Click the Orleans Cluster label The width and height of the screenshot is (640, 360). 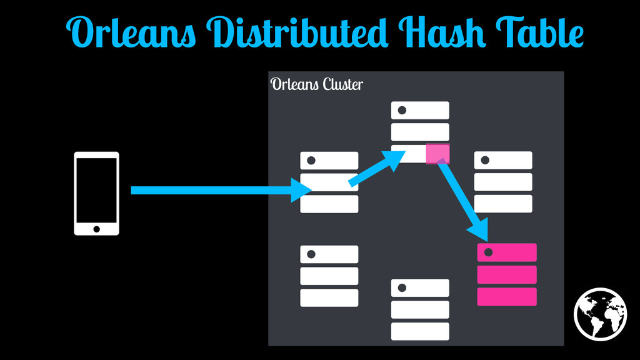316,84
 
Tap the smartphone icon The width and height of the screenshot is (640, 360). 96,193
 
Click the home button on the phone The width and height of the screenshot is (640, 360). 96,229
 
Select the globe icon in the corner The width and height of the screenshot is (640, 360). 600,314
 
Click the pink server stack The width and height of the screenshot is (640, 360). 507,274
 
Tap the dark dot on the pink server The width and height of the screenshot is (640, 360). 489,252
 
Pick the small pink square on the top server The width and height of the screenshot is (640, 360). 437,153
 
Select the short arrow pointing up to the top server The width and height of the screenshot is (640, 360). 375,170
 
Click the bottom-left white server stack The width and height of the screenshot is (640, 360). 329,276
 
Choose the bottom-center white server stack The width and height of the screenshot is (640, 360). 420,309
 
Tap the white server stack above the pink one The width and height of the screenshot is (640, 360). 503,182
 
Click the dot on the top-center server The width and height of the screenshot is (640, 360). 402,111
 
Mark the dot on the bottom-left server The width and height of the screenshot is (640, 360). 311,254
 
